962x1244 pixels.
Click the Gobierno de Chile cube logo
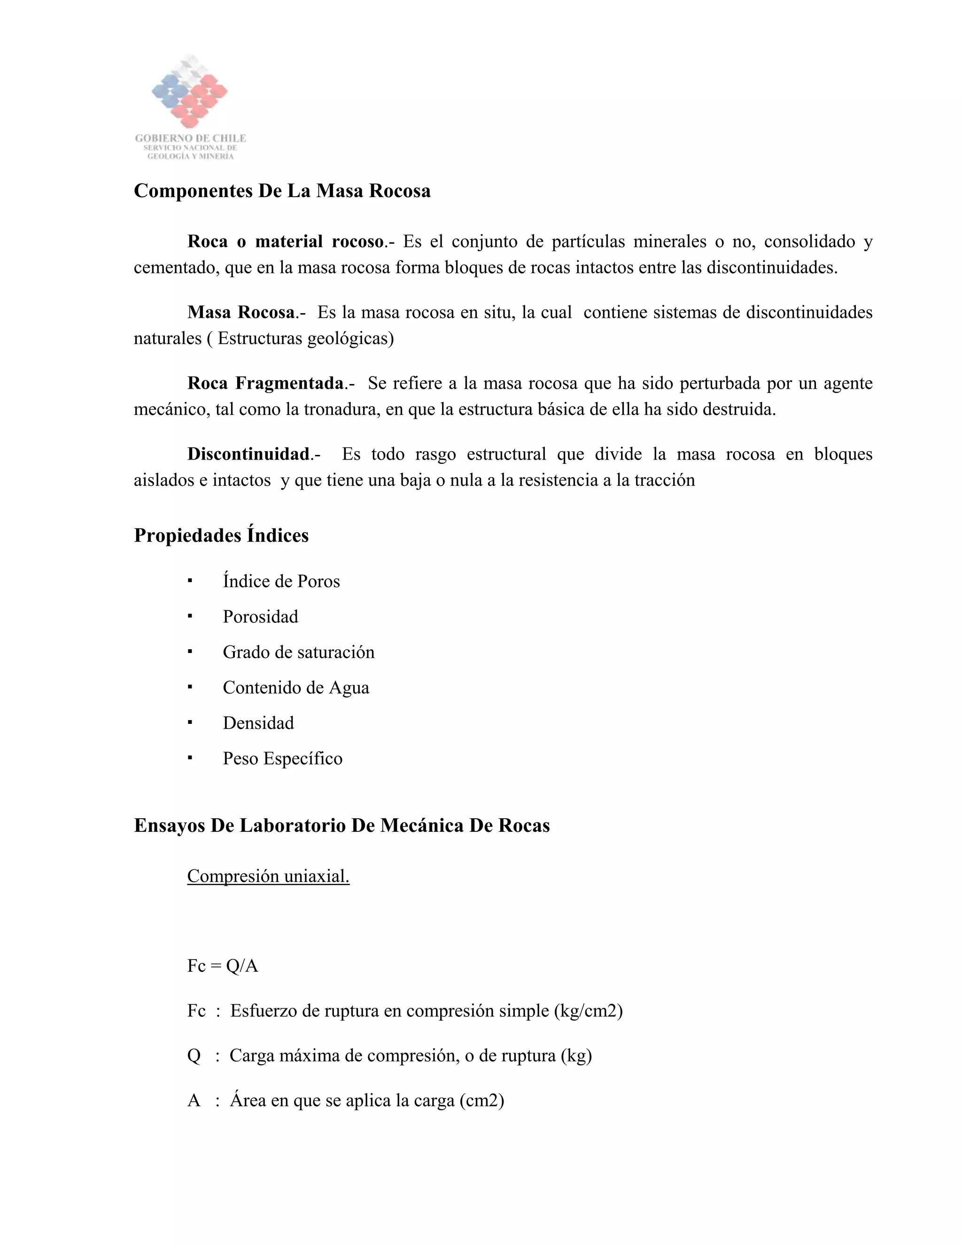tap(190, 91)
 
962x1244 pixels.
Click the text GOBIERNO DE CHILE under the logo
tap(190, 138)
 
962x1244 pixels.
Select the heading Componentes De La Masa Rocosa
tap(282, 191)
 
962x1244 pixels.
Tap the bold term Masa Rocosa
tap(241, 312)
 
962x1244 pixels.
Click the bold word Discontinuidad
tap(248, 454)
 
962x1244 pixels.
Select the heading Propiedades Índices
tap(221, 536)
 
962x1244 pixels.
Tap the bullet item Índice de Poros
tap(281, 581)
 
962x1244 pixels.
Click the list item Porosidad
tap(260, 617)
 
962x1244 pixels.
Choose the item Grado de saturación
tap(299, 652)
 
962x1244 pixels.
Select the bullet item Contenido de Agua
tap(296, 688)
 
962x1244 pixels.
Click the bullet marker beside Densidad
tap(190, 723)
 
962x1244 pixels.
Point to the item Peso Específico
tap(283, 759)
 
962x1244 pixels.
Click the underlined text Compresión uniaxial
tap(268, 876)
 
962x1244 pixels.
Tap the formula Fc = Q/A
tap(222, 966)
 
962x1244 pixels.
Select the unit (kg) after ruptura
tap(576, 1055)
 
